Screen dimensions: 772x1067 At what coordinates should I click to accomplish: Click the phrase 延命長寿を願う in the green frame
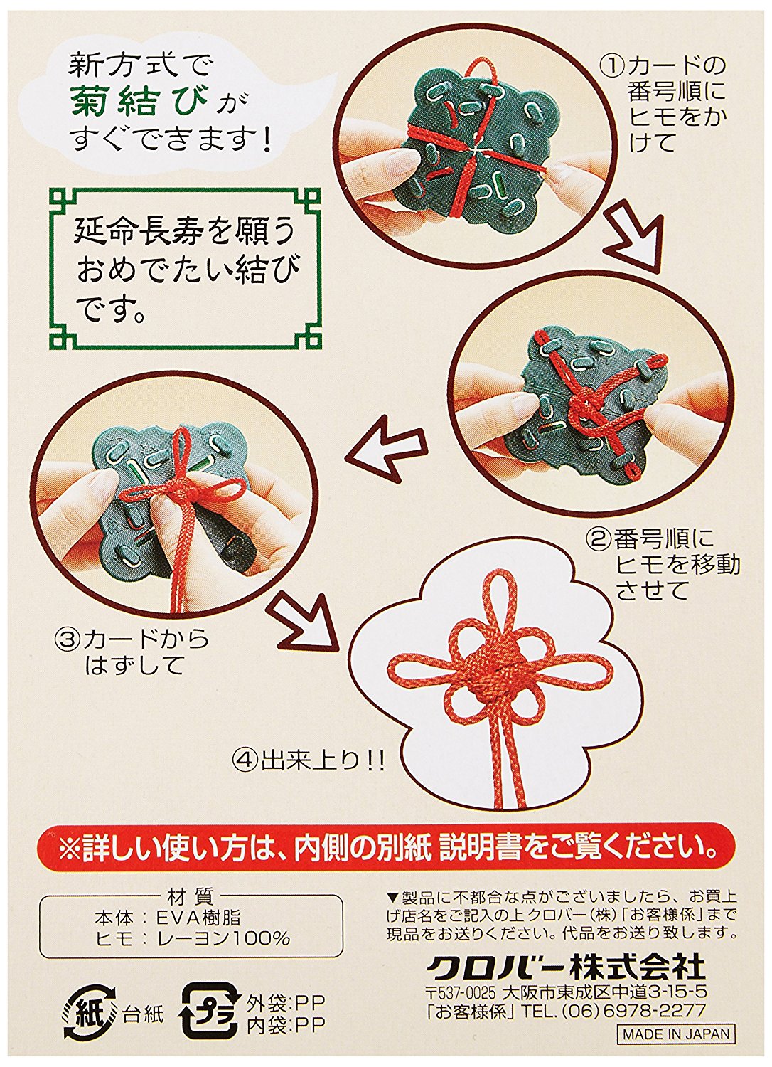[x=185, y=235]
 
